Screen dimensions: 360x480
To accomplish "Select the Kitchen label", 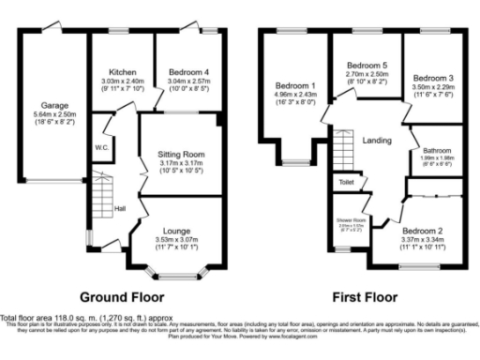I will click(124, 71).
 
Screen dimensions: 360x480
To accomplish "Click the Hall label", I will click(120, 208).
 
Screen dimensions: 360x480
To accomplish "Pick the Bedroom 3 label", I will click(434, 78).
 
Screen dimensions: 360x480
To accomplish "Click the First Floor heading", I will click(367, 293).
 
